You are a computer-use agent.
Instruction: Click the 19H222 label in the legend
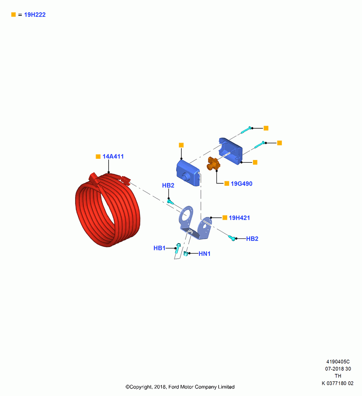(35, 15)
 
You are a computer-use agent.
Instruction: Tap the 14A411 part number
(113, 156)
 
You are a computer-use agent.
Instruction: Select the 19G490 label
(241, 184)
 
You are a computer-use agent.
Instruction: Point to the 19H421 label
(239, 218)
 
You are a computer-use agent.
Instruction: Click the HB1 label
(159, 248)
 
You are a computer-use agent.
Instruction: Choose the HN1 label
(204, 253)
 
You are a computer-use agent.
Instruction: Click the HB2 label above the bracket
(168, 185)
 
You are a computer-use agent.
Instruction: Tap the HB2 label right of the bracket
(252, 239)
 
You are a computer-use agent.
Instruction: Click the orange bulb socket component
(213, 164)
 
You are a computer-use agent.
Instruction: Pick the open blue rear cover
(230, 151)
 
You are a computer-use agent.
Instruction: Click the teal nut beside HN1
(186, 253)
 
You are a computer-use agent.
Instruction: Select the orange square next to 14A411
(98, 156)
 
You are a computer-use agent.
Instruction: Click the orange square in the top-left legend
(13, 15)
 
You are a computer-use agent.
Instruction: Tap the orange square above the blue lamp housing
(181, 145)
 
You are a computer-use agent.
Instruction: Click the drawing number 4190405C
(338, 362)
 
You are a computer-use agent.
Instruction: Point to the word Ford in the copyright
(173, 387)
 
